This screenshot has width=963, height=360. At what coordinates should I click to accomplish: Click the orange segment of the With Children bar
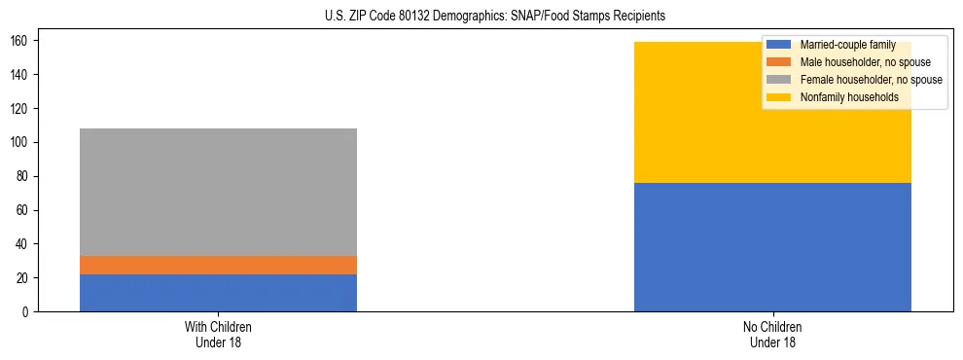tap(218, 265)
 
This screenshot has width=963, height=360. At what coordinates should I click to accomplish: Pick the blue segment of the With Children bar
tap(218, 293)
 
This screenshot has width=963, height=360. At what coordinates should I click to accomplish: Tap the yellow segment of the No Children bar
tap(772, 112)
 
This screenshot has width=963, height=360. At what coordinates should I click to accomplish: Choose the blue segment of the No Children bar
tap(772, 247)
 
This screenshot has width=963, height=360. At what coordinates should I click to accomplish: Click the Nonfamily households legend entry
tap(848, 97)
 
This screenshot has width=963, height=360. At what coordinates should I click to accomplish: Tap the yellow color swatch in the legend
tap(779, 97)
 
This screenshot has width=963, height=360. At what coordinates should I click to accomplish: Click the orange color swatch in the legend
tap(779, 62)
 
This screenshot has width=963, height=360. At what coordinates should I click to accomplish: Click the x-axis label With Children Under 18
tap(218, 335)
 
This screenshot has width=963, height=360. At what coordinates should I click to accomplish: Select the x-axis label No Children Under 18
tap(772, 335)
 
